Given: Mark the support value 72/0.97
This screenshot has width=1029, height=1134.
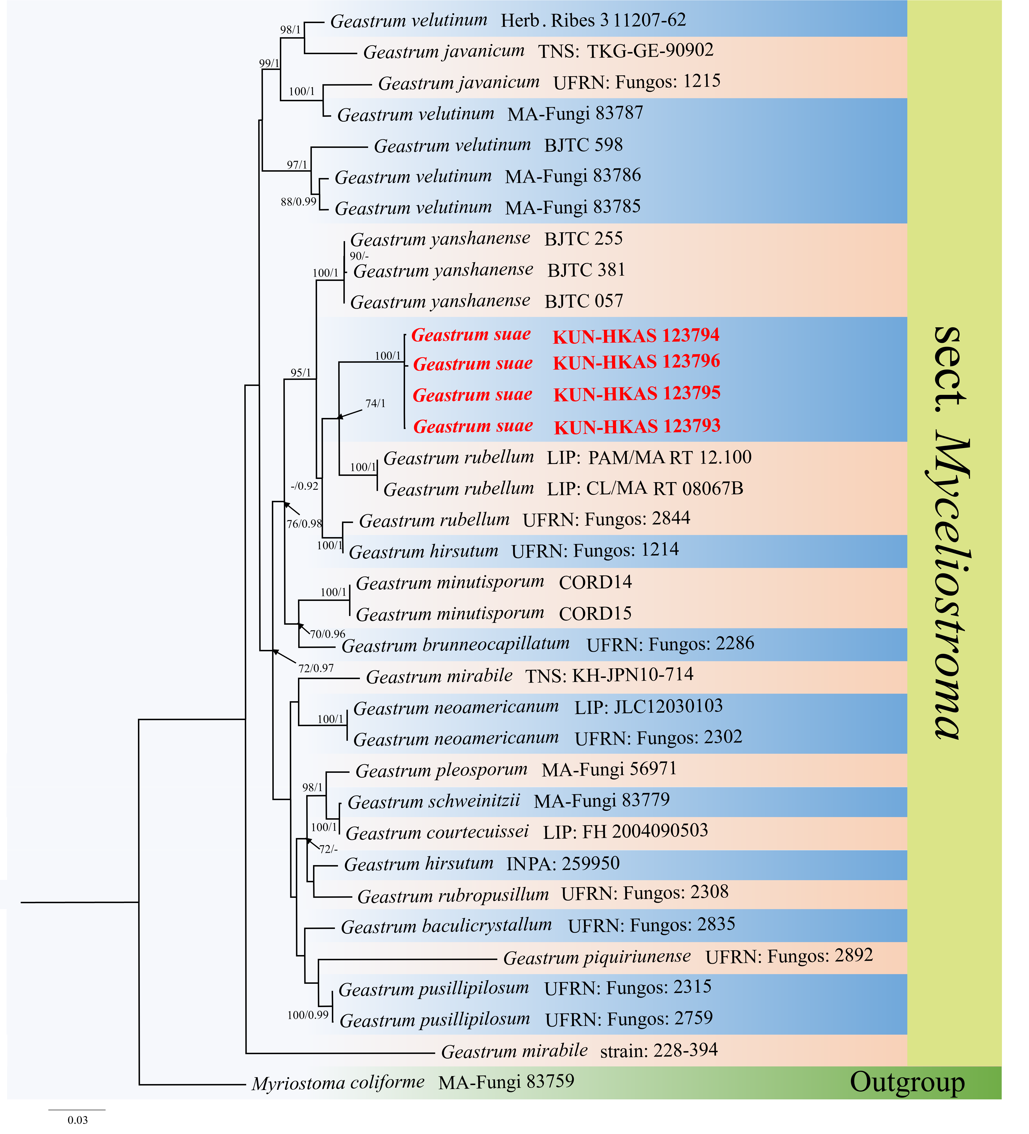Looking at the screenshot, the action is click(x=316, y=668).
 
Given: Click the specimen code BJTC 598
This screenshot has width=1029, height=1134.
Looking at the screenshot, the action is click(x=583, y=145).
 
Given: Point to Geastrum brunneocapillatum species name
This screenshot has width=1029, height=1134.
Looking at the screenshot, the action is click(x=455, y=645).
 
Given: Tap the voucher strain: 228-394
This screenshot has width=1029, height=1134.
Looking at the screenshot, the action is click(x=659, y=1050).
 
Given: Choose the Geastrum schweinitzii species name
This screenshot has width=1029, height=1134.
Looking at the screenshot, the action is click(x=434, y=801).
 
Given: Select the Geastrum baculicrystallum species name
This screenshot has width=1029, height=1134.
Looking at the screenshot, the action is click(x=446, y=926).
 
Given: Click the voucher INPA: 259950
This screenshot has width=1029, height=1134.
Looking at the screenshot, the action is click(x=563, y=863).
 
